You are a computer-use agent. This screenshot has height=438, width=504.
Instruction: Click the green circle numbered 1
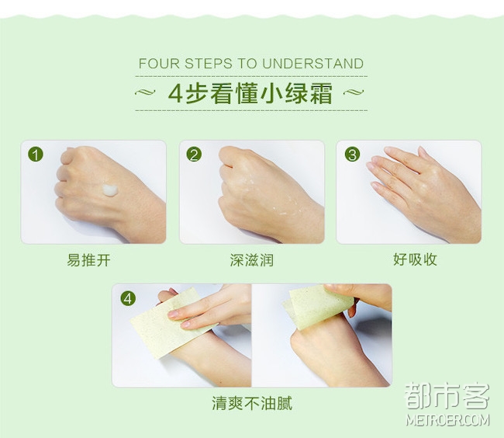pyautogui.click(x=36, y=154)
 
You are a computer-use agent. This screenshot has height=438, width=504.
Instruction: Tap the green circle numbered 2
pyautogui.click(x=194, y=154)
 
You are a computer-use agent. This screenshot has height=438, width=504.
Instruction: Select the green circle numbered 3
pyautogui.click(x=352, y=154)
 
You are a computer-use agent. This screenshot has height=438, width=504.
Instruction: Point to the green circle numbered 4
pyautogui.click(x=128, y=299)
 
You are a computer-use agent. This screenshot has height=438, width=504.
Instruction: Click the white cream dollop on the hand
pyautogui.click(x=110, y=189)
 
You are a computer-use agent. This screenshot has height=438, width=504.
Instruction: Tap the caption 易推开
pyautogui.click(x=88, y=260)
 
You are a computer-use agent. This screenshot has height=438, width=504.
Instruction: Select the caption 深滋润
pyautogui.click(x=252, y=260)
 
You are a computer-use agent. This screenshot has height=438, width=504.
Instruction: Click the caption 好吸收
pyautogui.click(x=415, y=259)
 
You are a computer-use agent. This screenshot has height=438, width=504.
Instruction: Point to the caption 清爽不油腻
pyautogui.click(x=252, y=403)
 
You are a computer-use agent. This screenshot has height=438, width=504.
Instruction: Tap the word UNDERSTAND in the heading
pyautogui.click(x=312, y=64)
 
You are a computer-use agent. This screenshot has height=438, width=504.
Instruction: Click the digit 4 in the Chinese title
pyautogui.click(x=175, y=94)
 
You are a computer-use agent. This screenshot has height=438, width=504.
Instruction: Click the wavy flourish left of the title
pyautogui.click(x=145, y=92)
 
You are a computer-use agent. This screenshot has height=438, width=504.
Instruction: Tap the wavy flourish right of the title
pyautogui.click(x=354, y=92)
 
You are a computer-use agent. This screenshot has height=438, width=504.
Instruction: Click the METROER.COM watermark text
pyautogui.click(x=447, y=420)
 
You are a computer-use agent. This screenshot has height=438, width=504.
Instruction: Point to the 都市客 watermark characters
pyautogui.click(x=447, y=396)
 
